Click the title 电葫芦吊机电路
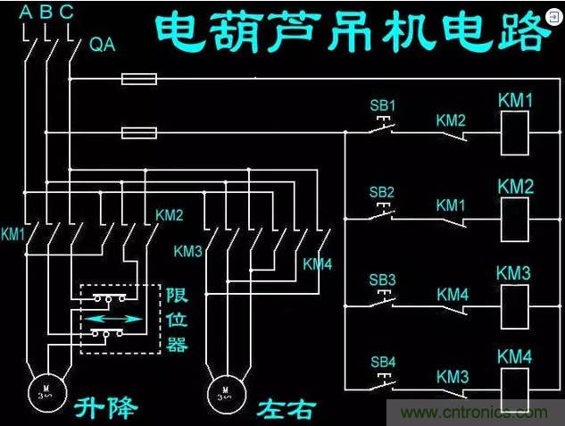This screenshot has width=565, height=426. [353, 33]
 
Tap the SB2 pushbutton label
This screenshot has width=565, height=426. [382, 192]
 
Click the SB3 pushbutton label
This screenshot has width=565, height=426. [382, 280]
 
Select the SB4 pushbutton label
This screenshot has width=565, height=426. [382, 362]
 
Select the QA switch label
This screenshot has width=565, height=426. [104, 45]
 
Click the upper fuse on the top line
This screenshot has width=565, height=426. [138, 79]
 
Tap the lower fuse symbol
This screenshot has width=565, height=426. [138, 134]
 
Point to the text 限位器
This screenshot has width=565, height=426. [177, 319]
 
